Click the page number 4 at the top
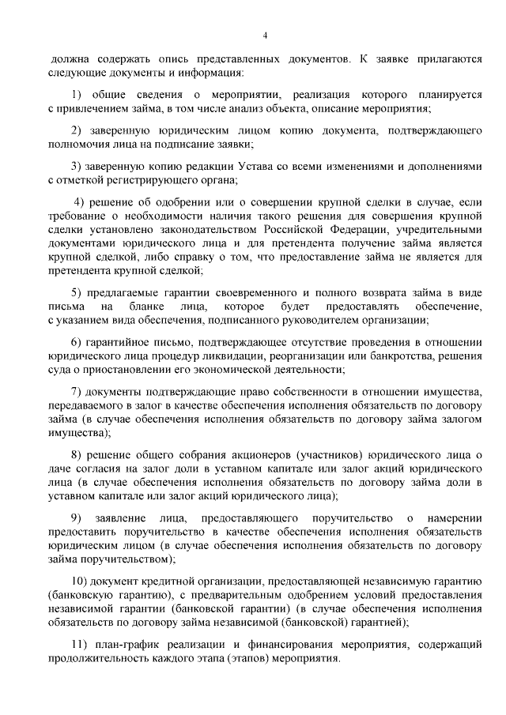(x=265, y=36)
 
